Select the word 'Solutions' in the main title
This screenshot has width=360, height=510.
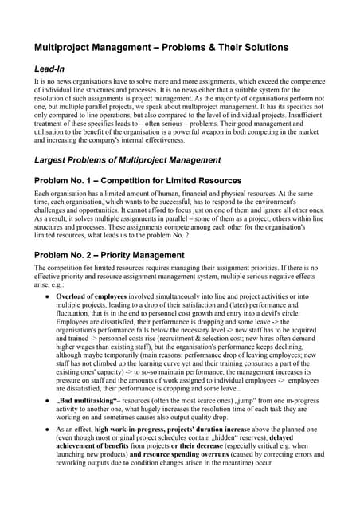259,48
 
